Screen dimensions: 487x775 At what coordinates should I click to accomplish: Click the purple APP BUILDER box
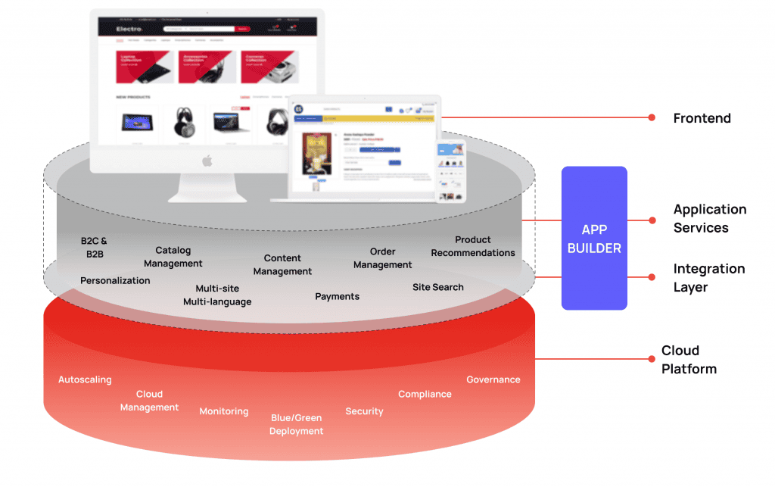point(594,239)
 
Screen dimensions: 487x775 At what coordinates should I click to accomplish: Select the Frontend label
point(702,118)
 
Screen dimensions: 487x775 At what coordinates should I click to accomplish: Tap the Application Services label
point(710,218)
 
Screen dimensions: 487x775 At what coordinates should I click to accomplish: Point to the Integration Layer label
point(708,278)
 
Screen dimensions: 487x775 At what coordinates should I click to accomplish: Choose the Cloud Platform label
point(689,360)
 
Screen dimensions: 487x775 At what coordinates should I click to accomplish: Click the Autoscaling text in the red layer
point(85,379)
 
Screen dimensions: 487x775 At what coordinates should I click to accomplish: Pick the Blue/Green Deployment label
point(297,424)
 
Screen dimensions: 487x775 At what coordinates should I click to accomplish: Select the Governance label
point(493,379)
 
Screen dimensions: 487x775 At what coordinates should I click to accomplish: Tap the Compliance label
point(425,394)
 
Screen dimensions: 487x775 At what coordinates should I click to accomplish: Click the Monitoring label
point(223,411)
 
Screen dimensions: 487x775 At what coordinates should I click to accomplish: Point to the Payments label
point(337,296)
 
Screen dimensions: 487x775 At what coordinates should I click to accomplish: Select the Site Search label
point(437,287)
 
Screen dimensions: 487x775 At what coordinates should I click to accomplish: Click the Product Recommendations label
point(473,246)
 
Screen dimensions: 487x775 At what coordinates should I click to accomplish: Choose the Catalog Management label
point(173,257)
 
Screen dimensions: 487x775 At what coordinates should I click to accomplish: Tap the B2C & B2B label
point(94,248)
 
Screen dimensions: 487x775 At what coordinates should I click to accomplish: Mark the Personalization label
point(115,280)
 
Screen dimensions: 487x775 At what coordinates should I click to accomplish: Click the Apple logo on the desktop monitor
point(207,161)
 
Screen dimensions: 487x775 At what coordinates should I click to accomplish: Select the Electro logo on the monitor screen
point(129,29)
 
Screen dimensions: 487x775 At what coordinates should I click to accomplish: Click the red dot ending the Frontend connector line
point(651,117)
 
